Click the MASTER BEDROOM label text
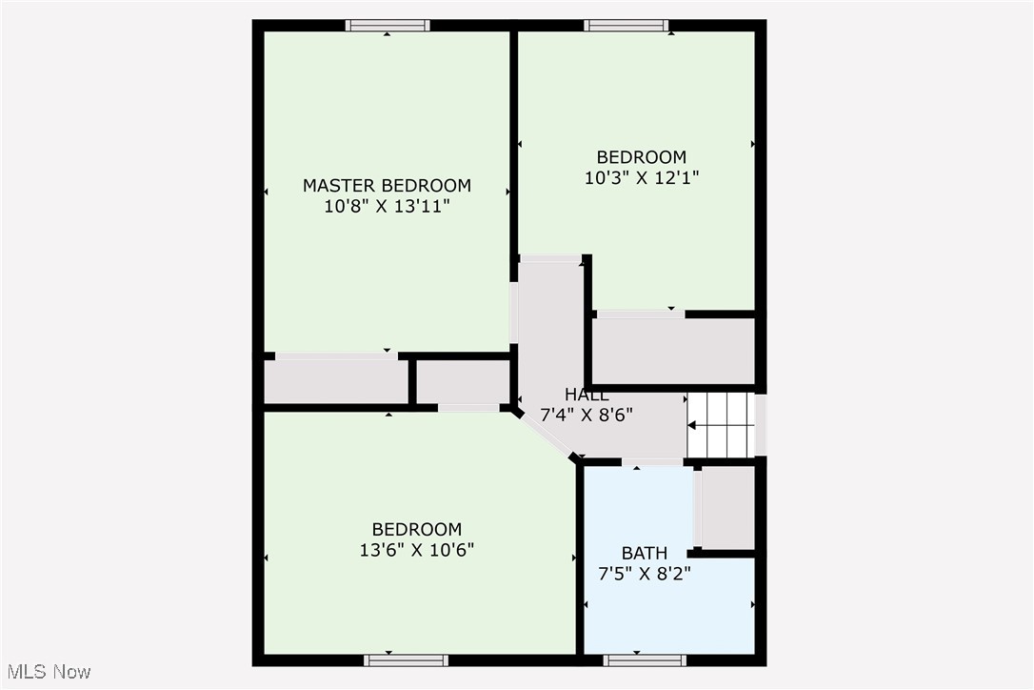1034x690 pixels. [x=388, y=186]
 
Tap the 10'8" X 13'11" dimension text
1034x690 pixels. [x=388, y=207]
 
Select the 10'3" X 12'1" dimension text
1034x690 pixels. [x=642, y=177]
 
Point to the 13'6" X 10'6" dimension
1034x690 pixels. [x=417, y=550]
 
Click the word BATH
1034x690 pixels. [x=645, y=554]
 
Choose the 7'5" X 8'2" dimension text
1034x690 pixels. [x=645, y=574]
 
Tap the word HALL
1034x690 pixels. [x=587, y=395]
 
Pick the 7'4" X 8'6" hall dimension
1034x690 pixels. [x=587, y=416]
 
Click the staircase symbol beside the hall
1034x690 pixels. [x=720, y=425]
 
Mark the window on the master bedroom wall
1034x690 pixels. [x=388, y=26]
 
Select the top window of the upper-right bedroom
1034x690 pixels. [x=626, y=26]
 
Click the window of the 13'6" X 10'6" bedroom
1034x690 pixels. [x=407, y=660]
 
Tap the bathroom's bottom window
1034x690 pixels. [x=645, y=660]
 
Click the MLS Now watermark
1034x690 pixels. [x=49, y=672]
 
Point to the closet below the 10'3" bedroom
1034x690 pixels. [x=673, y=352]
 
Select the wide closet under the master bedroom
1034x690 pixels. [x=336, y=381]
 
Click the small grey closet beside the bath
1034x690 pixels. [x=727, y=507]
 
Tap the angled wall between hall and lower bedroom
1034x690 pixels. [x=546, y=433]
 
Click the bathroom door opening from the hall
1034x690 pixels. [x=653, y=461]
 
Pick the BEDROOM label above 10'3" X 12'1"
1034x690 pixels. [x=642, y=157]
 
